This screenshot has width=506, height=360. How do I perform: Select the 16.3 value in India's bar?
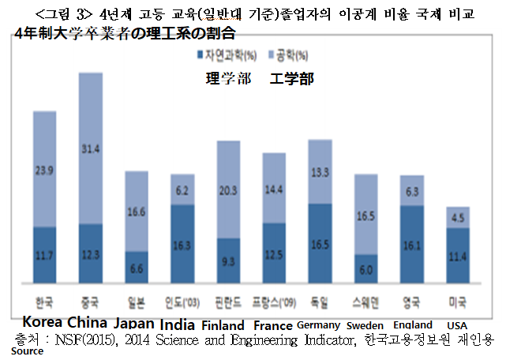(x=183, y=246)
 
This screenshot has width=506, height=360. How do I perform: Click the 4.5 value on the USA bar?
(x=458, y=218)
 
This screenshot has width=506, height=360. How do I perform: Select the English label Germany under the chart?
(x=318, y=324)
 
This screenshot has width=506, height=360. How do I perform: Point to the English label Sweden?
(x=365, y=324)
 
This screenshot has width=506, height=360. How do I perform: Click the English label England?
(x=412, y=324)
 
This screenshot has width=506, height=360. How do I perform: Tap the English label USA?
(x=458, y=324)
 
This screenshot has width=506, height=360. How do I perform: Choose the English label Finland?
(x=223, y=324)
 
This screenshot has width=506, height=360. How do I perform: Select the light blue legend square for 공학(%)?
(x=272, y=56)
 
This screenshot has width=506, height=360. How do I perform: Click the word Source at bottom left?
(x=27, y=351)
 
